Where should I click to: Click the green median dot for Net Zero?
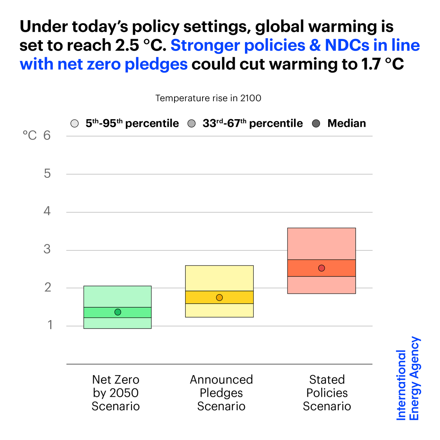point(118,312)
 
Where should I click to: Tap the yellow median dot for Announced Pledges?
point(219,297)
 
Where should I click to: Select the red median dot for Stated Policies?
point(322,268)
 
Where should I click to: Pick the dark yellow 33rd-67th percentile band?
point(238,297)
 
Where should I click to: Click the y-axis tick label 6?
point(47,136)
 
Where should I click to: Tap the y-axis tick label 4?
point(47,212)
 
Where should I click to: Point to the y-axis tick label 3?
point(47,250)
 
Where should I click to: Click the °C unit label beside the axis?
point(30,136)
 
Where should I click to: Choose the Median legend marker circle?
point(316,124)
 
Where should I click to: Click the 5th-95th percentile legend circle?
point(74,124)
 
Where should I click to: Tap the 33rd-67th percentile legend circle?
point(191,124)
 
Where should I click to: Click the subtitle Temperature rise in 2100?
point(208,98)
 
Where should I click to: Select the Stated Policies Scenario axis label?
point(327,393)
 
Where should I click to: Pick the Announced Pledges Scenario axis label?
point(221,393)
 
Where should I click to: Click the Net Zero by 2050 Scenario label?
point(115,393)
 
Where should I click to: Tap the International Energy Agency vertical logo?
point(408,379)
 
